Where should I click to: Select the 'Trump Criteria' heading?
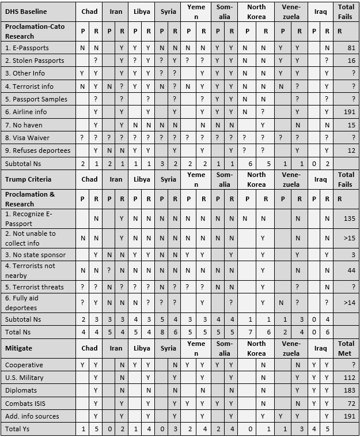click(27, 179)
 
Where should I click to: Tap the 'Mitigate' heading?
click(19, 348)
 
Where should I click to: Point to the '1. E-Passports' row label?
click(27, 48)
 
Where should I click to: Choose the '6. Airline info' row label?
click(26, 112)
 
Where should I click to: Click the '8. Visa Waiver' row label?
click(27, 138)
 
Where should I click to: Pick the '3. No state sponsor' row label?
click(35, 254)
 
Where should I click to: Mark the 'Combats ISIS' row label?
click(25, 404)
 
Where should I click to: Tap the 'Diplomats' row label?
click(21, 390)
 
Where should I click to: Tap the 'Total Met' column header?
click(346, 348)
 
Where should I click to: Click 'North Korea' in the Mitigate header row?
click(256, 348)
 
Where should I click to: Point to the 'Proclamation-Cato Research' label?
click(35, 31)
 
